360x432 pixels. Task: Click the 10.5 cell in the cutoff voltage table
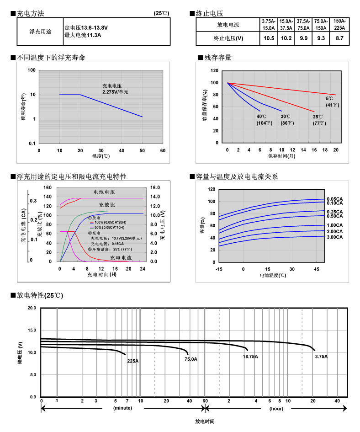pos(269,38)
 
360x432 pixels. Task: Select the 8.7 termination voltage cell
pos(339,38)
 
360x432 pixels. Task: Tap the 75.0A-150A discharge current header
pos(321,25)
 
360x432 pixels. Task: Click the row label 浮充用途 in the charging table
pos(40,32)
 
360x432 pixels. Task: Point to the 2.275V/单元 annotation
pos(115,92)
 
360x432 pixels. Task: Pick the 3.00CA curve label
pos(335,237)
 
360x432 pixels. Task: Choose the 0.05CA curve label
pos(335,199)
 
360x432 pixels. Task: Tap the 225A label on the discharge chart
pos(132,361)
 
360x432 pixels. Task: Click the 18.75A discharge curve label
pos(250,356)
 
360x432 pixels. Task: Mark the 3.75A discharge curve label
pos(321,356)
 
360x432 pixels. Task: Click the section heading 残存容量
pos(218,58)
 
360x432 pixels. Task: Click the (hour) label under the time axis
pos(276,408)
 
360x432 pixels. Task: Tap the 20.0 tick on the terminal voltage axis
pos(32,308)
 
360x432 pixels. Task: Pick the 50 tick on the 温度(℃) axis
pos(142,150)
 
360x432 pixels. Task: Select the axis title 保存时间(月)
pos(281,156)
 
